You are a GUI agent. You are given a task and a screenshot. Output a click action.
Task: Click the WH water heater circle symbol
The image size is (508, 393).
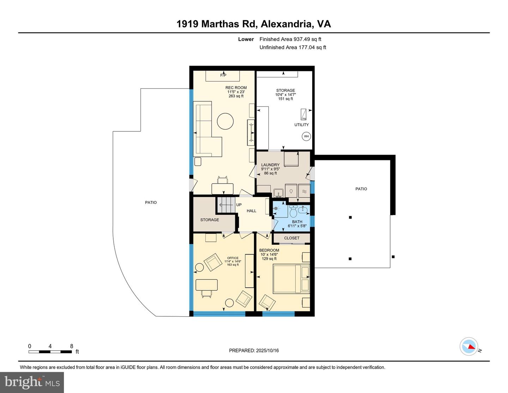[x=306, y=136]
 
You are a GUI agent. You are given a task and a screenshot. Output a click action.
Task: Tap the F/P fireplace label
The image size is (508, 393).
[x=223, y=75]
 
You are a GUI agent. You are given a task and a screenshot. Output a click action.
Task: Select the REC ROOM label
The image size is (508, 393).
[x=236, y=88]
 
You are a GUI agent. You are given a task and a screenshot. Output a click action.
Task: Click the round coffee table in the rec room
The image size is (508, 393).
[x=225, y=121]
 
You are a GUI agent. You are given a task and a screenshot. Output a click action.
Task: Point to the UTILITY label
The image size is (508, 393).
[x=301, y=125]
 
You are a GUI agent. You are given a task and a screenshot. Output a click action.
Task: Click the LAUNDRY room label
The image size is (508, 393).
[x=270, y=165]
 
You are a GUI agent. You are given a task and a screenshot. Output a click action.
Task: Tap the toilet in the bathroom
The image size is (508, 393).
[x=293, y=211]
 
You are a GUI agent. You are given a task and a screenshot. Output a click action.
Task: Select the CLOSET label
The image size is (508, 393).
[x=291, y=238]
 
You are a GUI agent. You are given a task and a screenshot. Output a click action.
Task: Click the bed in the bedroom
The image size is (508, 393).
[x=291, y=279]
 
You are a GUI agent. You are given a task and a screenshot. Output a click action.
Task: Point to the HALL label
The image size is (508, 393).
[x=251, y=211]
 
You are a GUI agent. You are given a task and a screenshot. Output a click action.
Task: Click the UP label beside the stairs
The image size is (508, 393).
[x=239, y=205]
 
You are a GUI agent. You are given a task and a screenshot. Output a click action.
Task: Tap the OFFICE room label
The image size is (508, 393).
[x=232, y=258]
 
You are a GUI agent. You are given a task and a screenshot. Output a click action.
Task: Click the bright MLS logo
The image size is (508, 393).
[x=32, y=382]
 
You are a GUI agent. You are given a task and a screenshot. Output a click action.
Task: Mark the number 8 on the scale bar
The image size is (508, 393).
[x=72, y=346]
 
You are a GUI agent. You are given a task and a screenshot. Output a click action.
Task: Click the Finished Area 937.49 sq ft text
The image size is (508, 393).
[x=290, y=39]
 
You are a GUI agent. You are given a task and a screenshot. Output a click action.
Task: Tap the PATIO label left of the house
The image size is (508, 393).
[x=151, y=203]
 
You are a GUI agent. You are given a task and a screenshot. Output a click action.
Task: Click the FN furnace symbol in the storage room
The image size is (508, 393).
[x=303, y=115]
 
